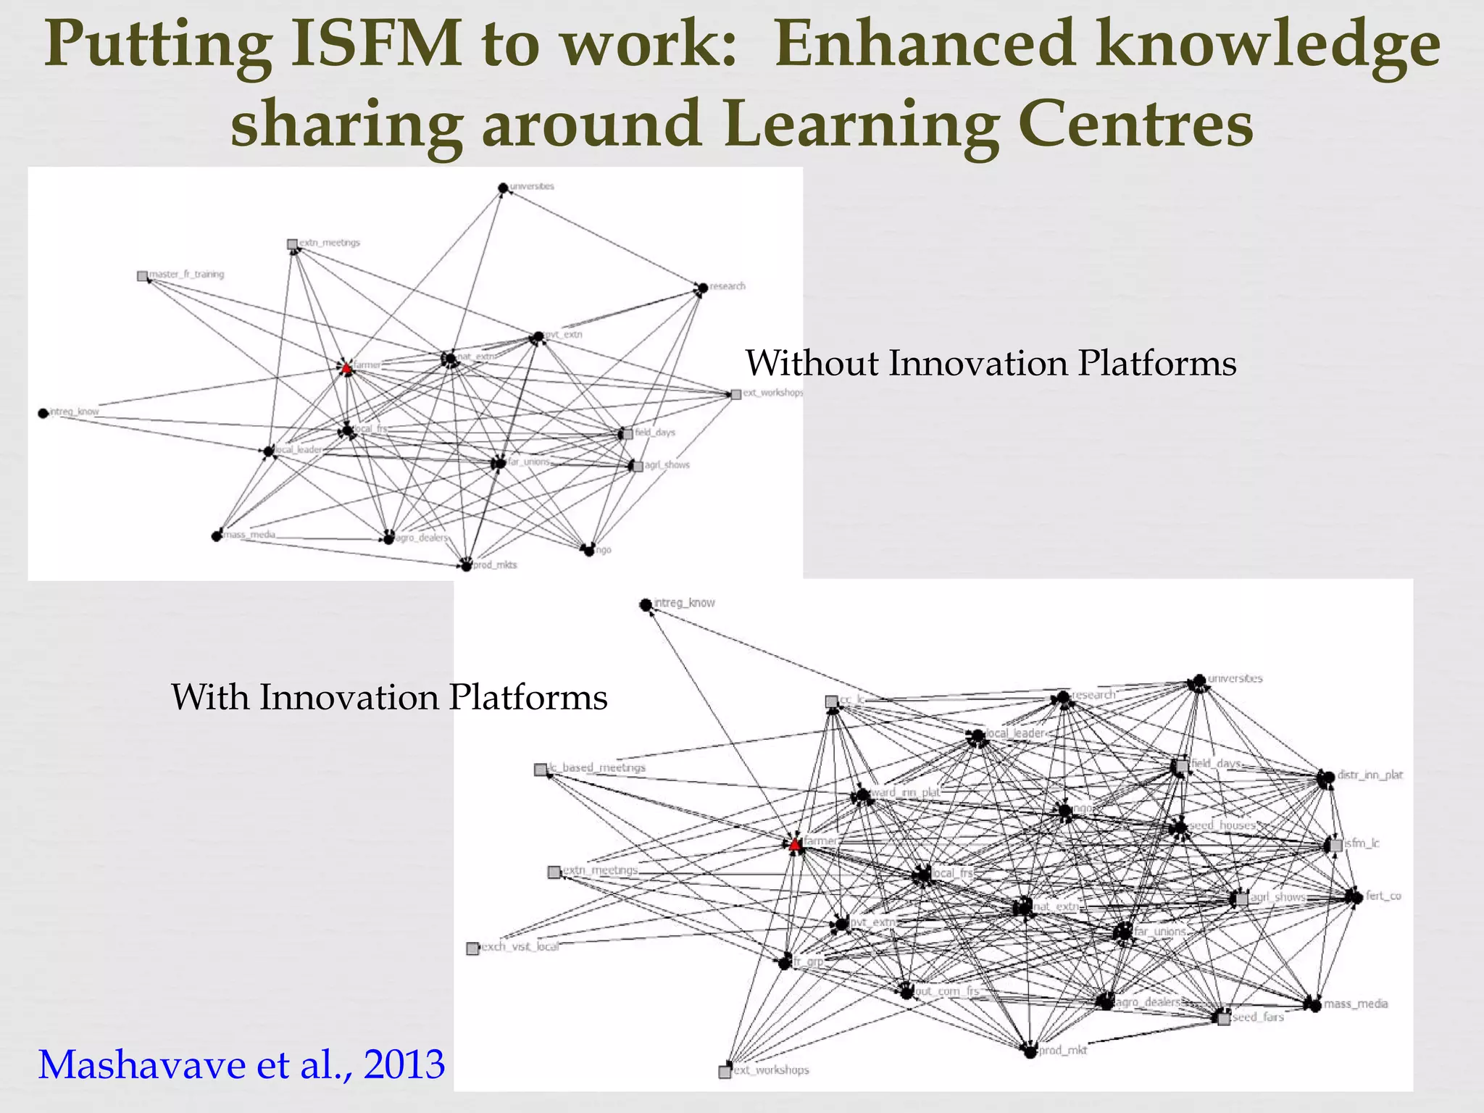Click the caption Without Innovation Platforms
click(x=991, y=363)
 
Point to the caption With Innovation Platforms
click(x=389, y=697)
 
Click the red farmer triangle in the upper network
click(x=346, y=369)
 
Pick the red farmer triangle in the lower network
click(x=795, y=845)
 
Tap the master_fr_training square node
click(x=143, y=276)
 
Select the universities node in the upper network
click(x=503, y=188)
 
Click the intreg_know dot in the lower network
click(x=646, y=604)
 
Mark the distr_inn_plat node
click(x=1325, y=778)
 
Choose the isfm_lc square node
click(x=1336, y=845)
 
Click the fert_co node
click(x=1354, y=897)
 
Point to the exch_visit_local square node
click(x=472, y=949)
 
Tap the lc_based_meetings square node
click(x=540, y=770)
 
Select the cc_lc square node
click(x=832, y=701)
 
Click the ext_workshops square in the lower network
click(x=725, y=1072)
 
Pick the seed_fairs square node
click(x=1224, y=1019)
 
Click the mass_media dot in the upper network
click(x=217, y=536)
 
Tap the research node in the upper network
click(x=702, y=288)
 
